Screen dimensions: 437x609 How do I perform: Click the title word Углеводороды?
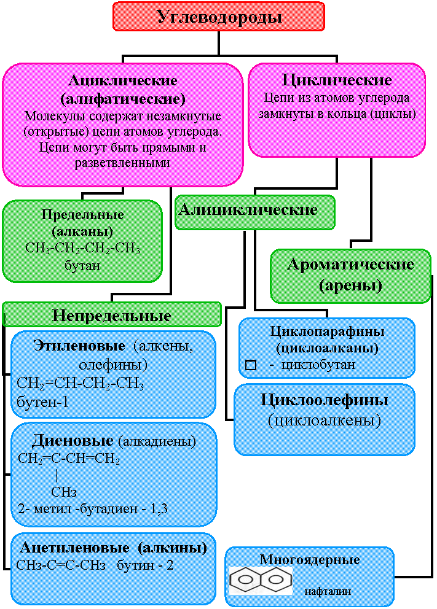tap(219, 17)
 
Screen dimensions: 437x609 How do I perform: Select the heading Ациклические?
tap(123, 80)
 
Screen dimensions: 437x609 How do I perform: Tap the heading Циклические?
tap(337, 80)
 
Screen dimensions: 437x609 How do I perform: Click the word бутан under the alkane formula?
tap(82, 266)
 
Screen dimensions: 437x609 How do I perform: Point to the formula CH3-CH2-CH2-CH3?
tap(82, 249)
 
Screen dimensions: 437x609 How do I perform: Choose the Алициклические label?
tap(248, 210)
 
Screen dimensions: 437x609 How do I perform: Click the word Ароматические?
tap(350, 265)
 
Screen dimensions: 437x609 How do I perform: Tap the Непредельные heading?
tap(112, 316)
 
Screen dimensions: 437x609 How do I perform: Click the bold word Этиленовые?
tap(79, 345)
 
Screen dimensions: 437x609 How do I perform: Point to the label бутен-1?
tap(42, 402)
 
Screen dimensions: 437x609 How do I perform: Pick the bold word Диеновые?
tap(73, 441)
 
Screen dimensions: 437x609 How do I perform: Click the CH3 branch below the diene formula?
tap(64, 492)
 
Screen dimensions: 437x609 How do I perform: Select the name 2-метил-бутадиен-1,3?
tap(93, 509)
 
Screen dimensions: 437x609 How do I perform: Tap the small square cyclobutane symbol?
tap(251, 365)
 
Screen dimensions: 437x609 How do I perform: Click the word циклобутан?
tap(318, 365)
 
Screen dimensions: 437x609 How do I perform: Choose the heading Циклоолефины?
tap(324, 400)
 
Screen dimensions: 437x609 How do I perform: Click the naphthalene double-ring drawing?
tap(260, 580)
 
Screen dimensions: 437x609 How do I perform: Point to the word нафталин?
tap(328, 592)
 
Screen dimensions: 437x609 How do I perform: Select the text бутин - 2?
tap(145, 565)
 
